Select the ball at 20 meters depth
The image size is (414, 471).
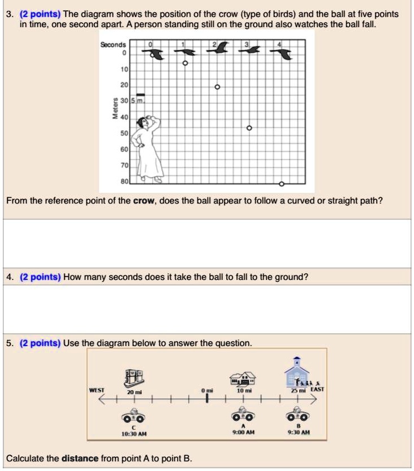[x=217, y=88]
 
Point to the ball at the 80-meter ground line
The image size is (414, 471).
[x=282, y=183]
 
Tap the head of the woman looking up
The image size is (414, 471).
[x=151, y=122]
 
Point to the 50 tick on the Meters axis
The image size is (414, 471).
[x=124, y=133]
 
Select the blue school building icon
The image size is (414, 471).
[x=296, y=373]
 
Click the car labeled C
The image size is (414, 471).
[x=134, y=417]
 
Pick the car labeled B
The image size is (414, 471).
[x=297, y=417]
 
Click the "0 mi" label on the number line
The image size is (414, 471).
[x=207, y=391]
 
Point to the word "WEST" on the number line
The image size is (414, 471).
[x=97, y=390]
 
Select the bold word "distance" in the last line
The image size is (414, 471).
[x=80, y=458]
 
